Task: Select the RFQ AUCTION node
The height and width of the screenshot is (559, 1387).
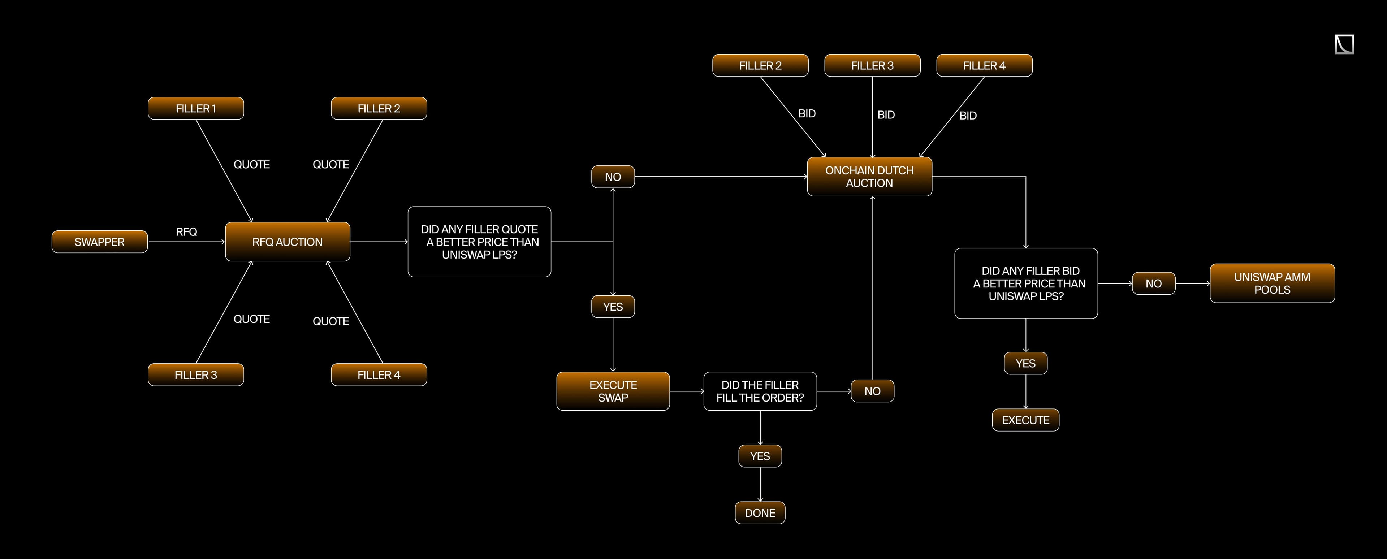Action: click(x=288, y=242)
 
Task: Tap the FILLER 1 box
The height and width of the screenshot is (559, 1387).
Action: click(x=196, y=108)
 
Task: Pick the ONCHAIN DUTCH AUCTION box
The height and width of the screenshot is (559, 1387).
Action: click(x=869, y=177)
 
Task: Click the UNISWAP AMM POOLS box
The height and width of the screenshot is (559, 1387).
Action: click(x=1272, y=283)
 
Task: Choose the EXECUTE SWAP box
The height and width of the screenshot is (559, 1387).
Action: click(x=613, y=391)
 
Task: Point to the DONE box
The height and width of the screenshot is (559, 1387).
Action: click(x=760, y=513)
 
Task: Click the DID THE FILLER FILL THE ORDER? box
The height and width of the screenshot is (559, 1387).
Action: click(x=760, y=391)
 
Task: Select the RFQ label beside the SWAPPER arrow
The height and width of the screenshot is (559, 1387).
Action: click(x=186, y=231)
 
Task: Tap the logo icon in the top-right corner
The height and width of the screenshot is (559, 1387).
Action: click(x=1344, y=44)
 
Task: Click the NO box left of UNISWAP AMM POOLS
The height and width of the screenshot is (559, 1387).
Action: click(x=1153, y=283)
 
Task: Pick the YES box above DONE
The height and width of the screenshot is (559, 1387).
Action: click(x=760, y=456)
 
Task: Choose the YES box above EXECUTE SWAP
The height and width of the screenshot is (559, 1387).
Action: click(x=613, y=307)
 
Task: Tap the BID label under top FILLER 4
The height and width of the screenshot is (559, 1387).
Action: click(x=968, y=115)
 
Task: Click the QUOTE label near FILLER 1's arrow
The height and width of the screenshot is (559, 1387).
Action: click(x=251, y=164)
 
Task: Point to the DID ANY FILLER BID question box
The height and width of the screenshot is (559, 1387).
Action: click(x=1026, y=283)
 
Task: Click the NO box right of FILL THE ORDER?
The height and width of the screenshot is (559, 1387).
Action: click(x=872, y=391)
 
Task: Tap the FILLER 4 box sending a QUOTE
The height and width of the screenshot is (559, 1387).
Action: click(x=379, y=375)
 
